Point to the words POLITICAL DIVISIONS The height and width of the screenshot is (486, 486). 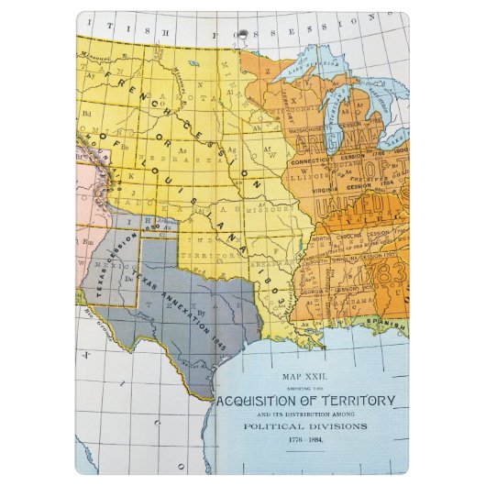click(307, 426)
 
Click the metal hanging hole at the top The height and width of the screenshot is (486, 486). click(243, 34)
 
